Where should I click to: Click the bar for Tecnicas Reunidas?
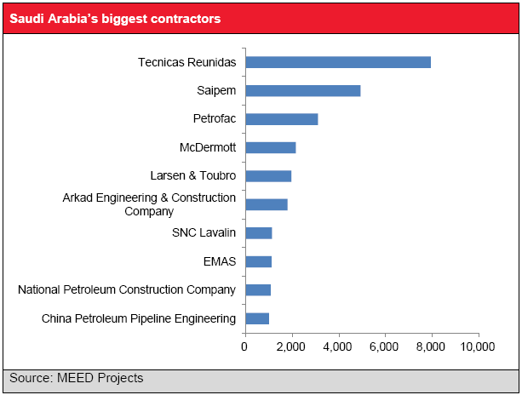pyautogui.click(x=338, y=62)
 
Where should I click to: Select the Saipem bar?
pyautogui.click(x=302, y=90)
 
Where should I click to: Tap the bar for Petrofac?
pyautogui.click(x=281, y=119)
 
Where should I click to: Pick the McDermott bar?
pyautogui.click(x=270, y=147)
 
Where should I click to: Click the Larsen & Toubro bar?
pyautogui.click(x=268, y=176)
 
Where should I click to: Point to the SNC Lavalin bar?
pyautogui.click(x=258, y=233)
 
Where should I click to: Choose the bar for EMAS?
pyautogui.click(x=258, y=261)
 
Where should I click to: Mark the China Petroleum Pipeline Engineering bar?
pyautogui.click(x=257, y=318)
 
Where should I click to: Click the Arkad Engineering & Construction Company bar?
pyautogui.click(x=266, y=204)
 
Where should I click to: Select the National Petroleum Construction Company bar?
pyautogui.click(x=258, y=290)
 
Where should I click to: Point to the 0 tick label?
pyautogui.click(x=245, y=347)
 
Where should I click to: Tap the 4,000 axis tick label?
pyautogui.click(x=338, y=347)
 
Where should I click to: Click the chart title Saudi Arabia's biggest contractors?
pyautogui.click(x=115, y=17)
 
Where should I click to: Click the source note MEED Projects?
pyautogui.click(x=77, y=378)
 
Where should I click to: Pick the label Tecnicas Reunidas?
pyautogui.click(x=186, y=62)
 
